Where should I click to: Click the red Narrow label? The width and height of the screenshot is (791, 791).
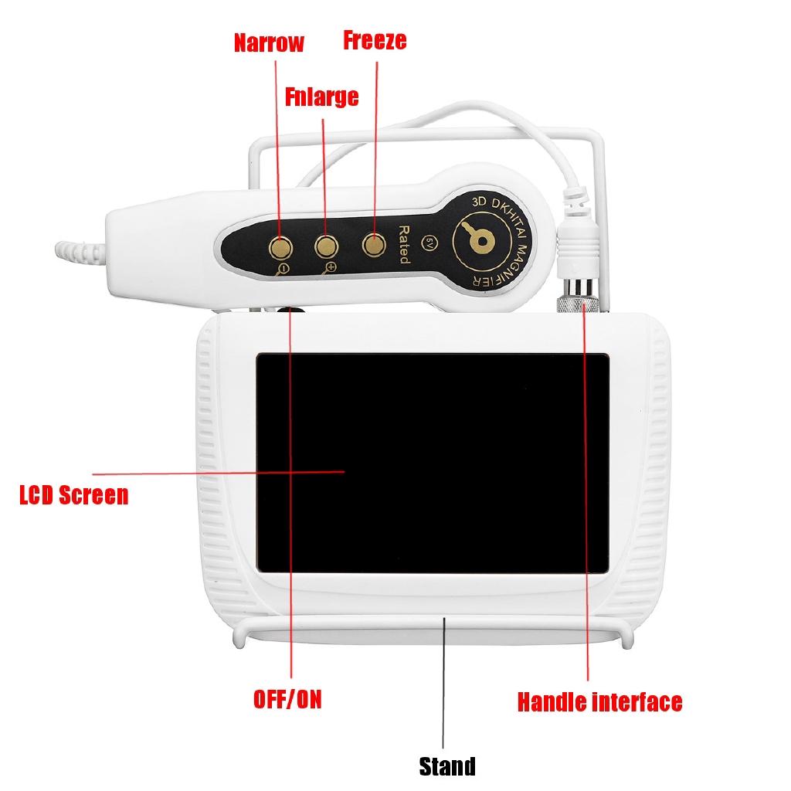[269, 42]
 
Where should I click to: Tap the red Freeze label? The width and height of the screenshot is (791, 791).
[375, 40]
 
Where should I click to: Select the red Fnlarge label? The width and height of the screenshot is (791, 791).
[321, 97]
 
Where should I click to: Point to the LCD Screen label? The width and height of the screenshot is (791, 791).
[73, 494]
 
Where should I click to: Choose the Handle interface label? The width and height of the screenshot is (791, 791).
[599, 701]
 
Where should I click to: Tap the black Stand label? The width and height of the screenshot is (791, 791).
[446, 766]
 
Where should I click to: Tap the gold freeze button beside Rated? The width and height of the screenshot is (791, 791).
[375, 245]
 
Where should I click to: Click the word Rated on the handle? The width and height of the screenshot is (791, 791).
[402, 245]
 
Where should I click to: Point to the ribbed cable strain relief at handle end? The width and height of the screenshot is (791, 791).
[77, 253]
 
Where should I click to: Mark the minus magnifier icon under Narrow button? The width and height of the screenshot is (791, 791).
[283, 269]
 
